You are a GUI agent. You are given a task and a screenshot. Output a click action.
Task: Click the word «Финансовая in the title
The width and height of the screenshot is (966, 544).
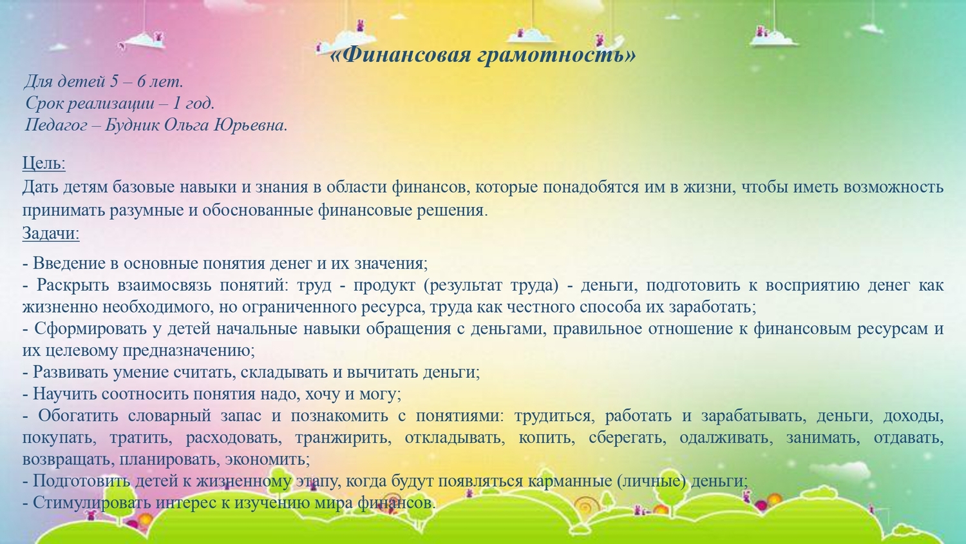tap(401, 54)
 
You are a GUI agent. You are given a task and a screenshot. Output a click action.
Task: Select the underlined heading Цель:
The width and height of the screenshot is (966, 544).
tap(44, 163)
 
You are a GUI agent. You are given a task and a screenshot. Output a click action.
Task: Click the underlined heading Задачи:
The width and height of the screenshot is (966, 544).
tap(51, 233)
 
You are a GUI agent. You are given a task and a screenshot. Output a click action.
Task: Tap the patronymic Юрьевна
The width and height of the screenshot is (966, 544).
tap(251, 125)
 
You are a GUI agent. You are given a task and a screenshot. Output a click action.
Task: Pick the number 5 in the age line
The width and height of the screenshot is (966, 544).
tap(114, 81)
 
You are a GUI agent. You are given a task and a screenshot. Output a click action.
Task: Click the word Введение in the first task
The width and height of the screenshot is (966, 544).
tap(70, 263)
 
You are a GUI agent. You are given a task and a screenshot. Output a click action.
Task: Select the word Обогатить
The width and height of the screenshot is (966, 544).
tap(78, 416)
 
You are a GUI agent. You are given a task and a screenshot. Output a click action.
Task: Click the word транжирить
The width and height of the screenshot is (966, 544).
tap(343, 438)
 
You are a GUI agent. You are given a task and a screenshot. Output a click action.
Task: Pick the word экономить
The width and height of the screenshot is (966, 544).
tap(267, 459)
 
